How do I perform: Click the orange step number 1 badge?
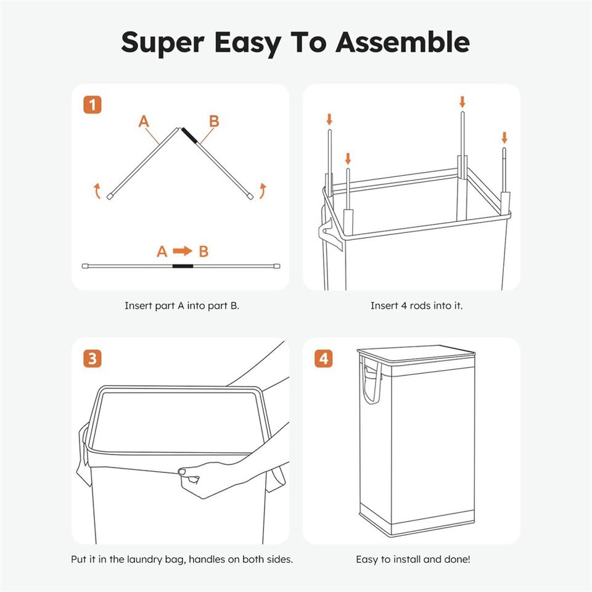[92, 105]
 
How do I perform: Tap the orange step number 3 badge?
[92, 358]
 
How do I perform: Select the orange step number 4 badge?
[324, 358]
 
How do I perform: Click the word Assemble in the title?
[403, 42]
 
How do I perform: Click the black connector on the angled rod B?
[189, 136]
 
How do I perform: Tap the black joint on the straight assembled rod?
[183, 266]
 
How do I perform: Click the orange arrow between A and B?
[183, 251]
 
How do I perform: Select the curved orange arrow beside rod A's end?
[97, 191]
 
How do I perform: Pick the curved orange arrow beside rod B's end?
[263, 191]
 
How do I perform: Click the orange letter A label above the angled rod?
[144, 121]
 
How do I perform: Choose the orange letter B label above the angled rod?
[214, 121]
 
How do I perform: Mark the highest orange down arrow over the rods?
[462, 102]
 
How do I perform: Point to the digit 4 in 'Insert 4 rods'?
[403, 305]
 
